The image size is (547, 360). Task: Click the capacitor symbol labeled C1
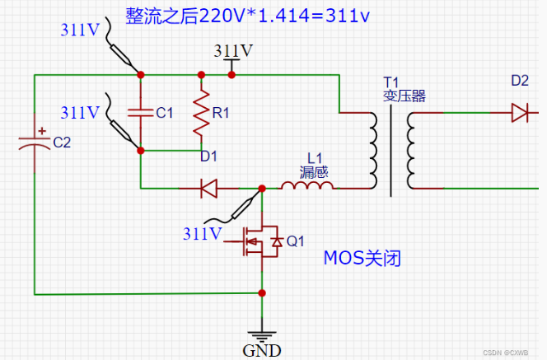tap(140, 113)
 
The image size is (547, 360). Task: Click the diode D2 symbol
tap(519, 112)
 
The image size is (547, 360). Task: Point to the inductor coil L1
tap(307, 186)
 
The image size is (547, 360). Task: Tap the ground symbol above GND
tap(262, 334)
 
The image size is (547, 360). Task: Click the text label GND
tap(262, 350)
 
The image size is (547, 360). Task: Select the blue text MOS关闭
tap(362, 258)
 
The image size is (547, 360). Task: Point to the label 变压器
tap(404, 96)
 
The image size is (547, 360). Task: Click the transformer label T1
tap(390, 82)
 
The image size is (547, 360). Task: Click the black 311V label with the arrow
tap(233, 50)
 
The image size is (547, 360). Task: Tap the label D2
tap(520, 81)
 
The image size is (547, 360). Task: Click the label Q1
tap(296, 241)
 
